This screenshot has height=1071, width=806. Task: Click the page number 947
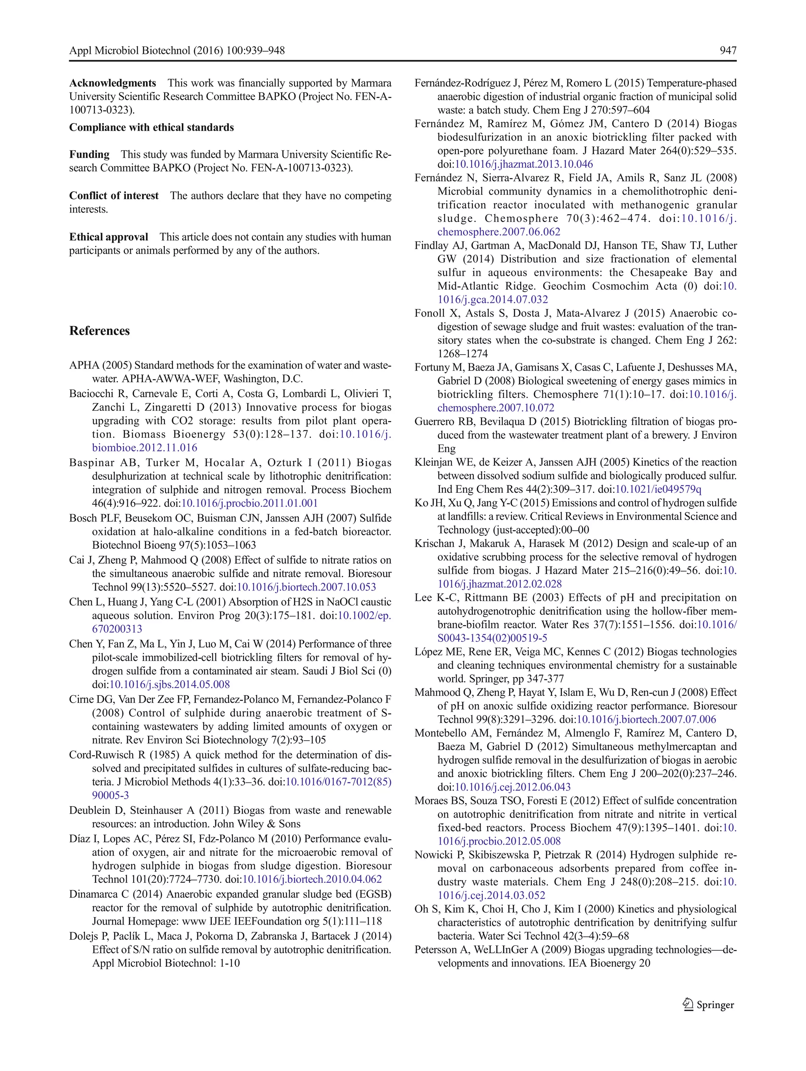click(728, 50)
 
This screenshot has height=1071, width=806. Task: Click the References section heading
click(99, 331)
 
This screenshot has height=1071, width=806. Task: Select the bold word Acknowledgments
click(112, 83)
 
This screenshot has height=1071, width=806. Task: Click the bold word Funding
click(89, 154)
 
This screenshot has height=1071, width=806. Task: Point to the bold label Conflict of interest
click(114, 196)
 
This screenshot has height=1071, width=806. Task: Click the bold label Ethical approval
click(109, 237)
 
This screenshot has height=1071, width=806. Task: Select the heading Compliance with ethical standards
click(151, 128)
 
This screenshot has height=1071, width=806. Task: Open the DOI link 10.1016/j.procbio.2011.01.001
click(249, 503)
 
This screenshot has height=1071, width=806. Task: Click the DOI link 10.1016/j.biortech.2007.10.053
click(306, 587)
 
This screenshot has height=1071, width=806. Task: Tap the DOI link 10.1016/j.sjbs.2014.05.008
click(170, 684)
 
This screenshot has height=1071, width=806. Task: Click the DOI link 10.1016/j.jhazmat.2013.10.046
click(524, 164)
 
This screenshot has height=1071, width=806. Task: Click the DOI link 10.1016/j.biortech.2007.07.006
click(646, 720)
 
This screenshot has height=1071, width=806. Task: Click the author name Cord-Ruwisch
click(100, 755)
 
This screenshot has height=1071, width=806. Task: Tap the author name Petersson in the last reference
click(436, 950)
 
